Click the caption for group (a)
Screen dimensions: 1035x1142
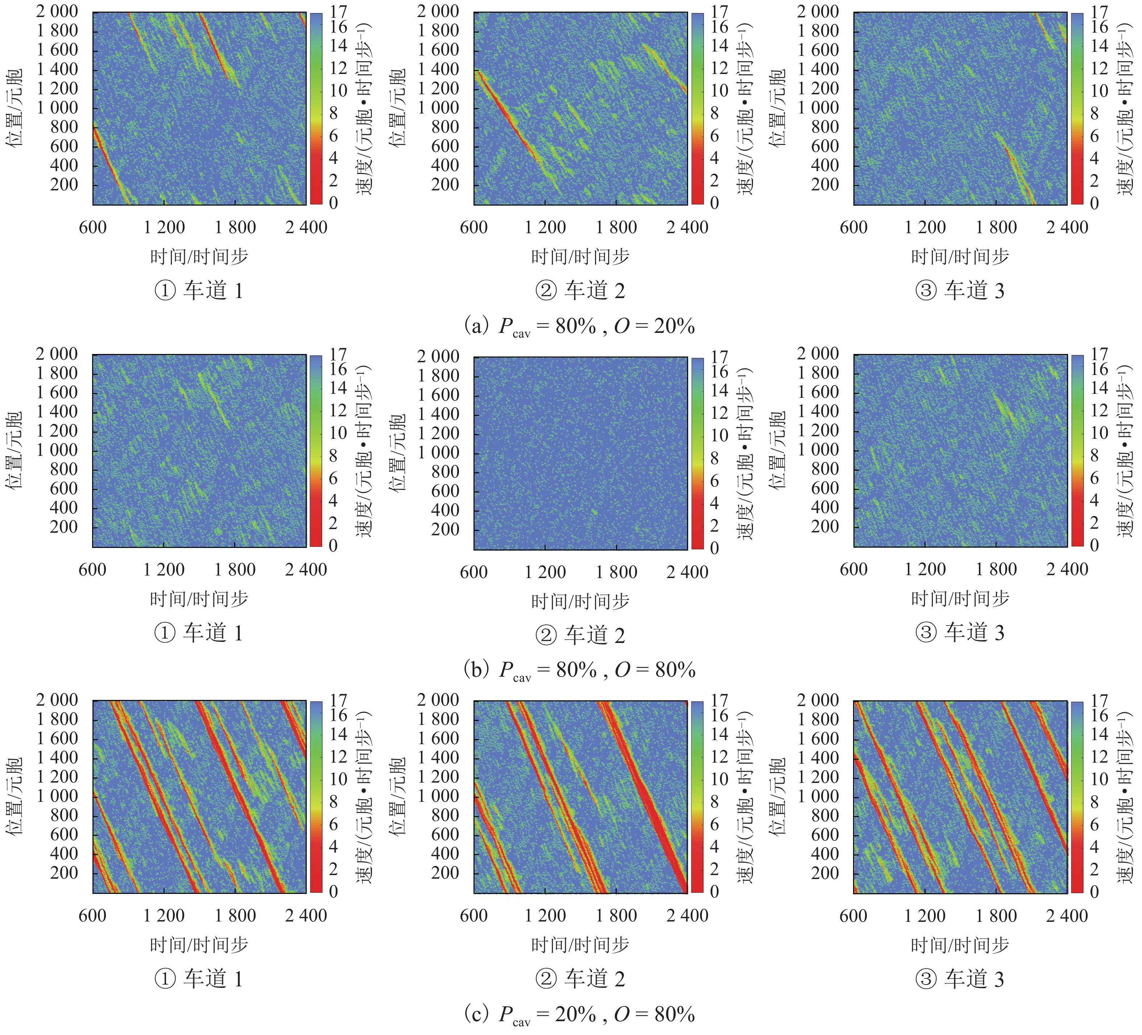(x=579, y=327)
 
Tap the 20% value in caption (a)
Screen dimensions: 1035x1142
(x=674, y=326)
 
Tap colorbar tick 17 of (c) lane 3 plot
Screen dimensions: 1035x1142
(x=1099, y=700)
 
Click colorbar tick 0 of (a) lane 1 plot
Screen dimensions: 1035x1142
(x=334, y=203)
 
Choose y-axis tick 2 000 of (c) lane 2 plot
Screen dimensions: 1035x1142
(x=438, y=700)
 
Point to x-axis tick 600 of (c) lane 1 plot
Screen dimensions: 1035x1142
(x=92, y=915)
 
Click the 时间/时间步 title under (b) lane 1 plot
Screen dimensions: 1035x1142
(x=199, y=599)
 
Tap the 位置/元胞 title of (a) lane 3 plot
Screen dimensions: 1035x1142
(x=777, y=108)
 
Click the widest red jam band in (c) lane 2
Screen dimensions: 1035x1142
(x=646, y=793)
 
